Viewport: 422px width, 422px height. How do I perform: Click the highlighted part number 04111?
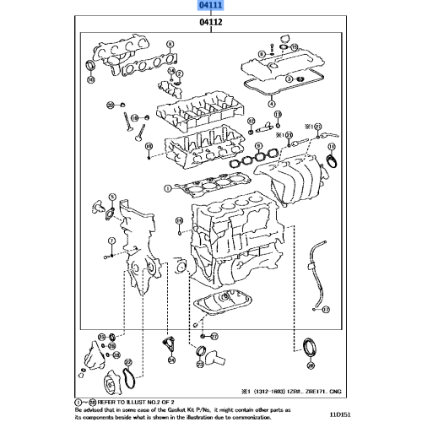pos(210,5)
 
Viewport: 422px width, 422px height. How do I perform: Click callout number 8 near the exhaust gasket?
pos(170,43)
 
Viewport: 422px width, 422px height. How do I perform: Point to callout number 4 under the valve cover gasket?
pos(272,104)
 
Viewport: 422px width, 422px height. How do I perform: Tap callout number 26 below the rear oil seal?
pos(310,366)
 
